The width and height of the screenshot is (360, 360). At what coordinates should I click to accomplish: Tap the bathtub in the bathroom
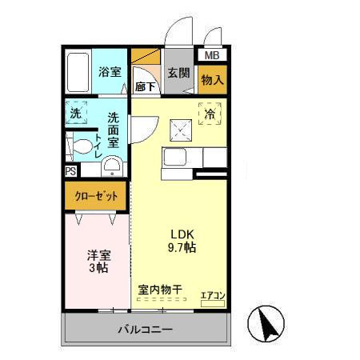tap(78, 73)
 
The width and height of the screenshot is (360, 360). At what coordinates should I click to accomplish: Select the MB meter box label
tap(212, 56)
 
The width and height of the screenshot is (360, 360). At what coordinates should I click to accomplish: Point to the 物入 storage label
tap(212, 80)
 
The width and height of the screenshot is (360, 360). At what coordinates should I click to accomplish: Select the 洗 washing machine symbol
tap(77, 114)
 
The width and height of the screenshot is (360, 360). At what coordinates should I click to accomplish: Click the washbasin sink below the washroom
tap(113, 166)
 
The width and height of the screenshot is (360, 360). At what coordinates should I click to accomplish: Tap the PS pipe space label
tap(70, 171)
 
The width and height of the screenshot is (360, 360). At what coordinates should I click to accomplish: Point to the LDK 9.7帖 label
tap(182, 241)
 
